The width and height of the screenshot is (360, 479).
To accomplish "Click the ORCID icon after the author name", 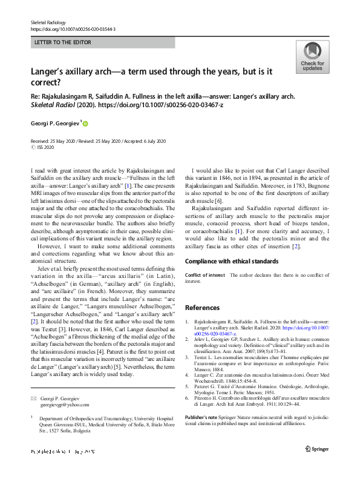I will tap(85, 124).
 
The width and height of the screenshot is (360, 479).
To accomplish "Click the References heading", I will tap(202, 308).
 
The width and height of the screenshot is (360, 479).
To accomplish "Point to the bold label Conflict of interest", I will tap(205, 275).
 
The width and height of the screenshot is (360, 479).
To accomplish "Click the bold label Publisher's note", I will tap(205, 417).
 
